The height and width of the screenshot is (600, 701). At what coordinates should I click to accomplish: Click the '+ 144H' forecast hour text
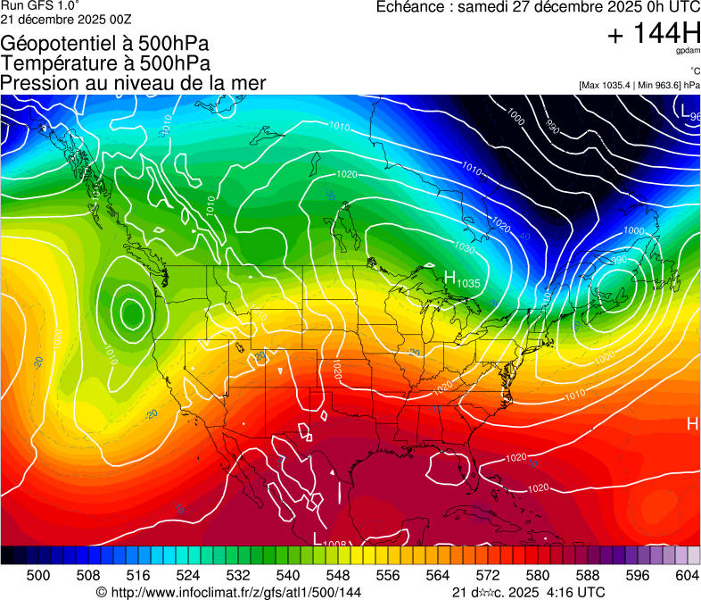coord(653,34)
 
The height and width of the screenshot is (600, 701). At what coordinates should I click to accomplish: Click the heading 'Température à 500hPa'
coord(105,63)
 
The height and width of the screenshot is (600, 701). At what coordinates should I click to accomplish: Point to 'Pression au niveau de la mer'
coord(133,83)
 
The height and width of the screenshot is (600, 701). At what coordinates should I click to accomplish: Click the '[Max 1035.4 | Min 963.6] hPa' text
coord(639,85)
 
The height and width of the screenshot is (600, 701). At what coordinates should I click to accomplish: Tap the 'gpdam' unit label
coord(689,53)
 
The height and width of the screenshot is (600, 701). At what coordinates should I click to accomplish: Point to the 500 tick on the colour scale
coord(38,575)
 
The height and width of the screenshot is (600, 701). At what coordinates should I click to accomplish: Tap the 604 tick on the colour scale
coord(688,575)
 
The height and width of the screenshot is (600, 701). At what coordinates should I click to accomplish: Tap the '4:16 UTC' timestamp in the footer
coord(574,592)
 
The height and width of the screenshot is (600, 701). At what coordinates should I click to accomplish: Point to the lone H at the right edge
coord(692,423)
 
